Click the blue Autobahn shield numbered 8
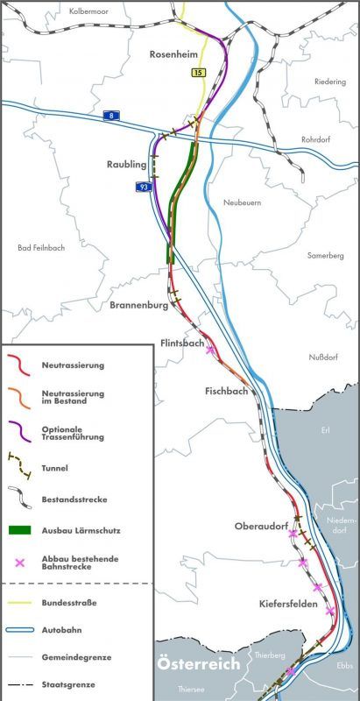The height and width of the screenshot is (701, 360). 110,116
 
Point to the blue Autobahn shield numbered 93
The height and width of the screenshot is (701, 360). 143,187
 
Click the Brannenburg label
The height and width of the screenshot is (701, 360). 138,305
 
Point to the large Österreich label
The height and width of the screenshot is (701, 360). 198,665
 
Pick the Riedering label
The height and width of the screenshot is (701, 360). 332,81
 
